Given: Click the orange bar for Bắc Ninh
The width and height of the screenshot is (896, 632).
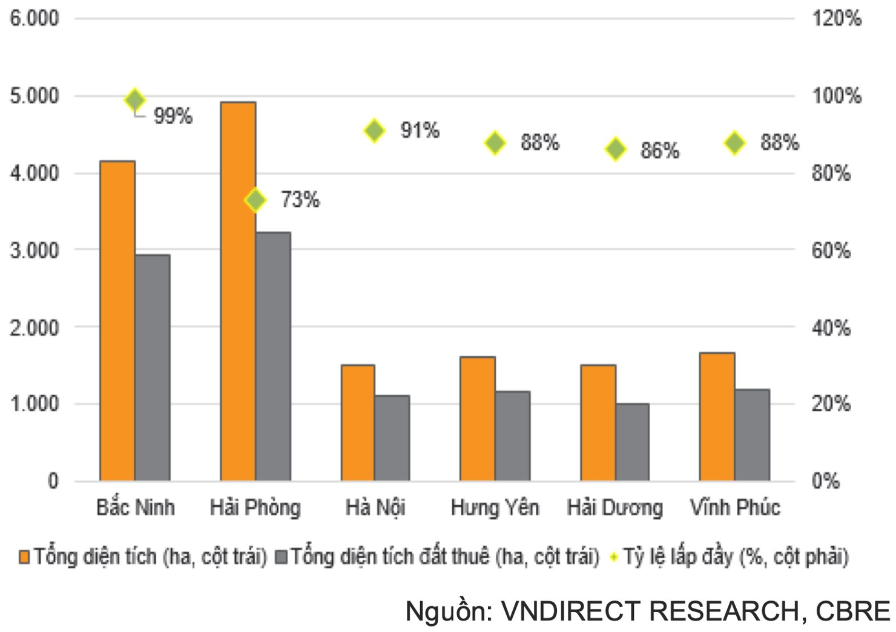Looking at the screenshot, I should point(117,321).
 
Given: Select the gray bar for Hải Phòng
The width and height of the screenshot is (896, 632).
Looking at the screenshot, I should point(273,356).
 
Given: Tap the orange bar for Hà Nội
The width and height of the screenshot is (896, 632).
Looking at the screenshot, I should point(358,423).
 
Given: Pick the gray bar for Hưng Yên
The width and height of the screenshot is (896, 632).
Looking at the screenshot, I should point(513,436).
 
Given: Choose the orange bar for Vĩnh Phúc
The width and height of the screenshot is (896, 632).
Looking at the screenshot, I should point(717,417).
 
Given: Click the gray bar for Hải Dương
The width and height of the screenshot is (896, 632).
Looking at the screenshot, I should point(633,442).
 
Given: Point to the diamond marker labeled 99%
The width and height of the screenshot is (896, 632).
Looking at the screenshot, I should point(135,100).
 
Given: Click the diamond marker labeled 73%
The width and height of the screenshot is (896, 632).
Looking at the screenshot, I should point(255,200).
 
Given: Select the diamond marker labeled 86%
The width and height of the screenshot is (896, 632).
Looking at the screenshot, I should point(616,149).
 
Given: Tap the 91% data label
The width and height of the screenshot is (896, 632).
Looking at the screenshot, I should point(420,130).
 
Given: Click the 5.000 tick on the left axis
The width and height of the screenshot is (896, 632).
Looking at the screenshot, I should point(35,96).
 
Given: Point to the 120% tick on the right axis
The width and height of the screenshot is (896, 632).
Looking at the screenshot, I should point(837,18).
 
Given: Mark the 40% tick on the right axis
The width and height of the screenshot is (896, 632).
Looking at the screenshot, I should point(831,328).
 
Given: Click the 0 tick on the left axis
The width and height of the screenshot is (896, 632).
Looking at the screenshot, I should point(53,481).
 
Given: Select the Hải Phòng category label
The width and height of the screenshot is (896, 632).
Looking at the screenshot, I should point(255,507).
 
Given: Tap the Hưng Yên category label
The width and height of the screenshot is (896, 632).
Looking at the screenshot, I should point(495,507).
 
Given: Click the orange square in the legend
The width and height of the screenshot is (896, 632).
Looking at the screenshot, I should point(24,557).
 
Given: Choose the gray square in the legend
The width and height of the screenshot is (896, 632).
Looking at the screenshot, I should point(281,557).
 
